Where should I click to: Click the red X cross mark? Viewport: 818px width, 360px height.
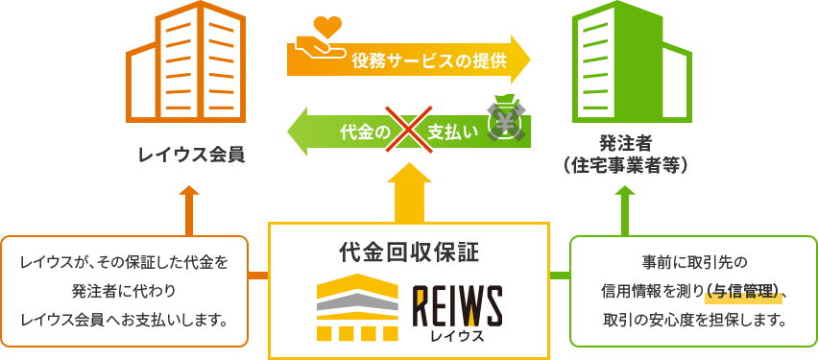tap(404, 130)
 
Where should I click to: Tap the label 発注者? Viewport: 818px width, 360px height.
tap(626, 144)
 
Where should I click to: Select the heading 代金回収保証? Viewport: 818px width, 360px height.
tap(409, 252)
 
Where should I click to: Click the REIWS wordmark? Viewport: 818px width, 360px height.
tap(457, 305)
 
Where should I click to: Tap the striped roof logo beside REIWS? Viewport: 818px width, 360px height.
tap(359, 307)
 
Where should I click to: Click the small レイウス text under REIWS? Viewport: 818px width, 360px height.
tap(457, 335)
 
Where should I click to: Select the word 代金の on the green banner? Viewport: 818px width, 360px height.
tap(361, 131)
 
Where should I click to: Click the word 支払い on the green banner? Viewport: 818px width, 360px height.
tap(452, 131)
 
